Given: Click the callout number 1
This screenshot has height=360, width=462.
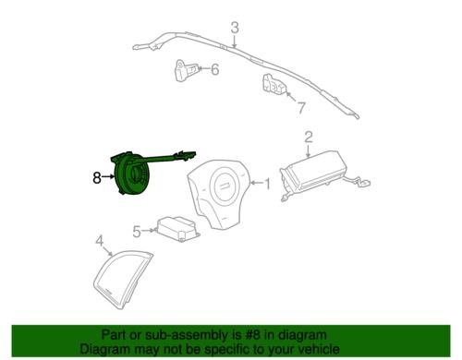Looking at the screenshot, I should (x=268, y=185).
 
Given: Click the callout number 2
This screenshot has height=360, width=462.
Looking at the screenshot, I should (x=309, y=138).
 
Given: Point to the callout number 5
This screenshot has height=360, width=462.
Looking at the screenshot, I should (x=136, y=232).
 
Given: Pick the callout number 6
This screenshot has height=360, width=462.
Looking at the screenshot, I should (x=214, y=69).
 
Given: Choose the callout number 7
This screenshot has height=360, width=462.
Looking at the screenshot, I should (x=300, y=107).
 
